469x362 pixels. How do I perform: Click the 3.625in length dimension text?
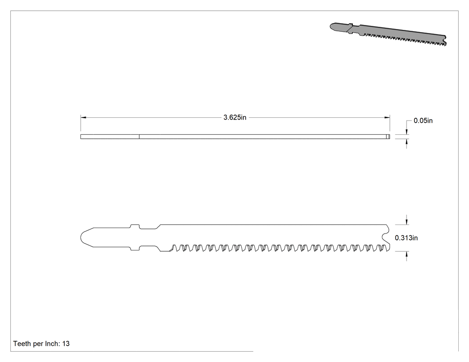coord(235,117)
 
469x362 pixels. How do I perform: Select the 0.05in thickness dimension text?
coord(423,121)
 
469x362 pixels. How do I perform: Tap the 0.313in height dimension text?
coord(406,238)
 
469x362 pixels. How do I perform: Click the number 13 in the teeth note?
coord(66,344)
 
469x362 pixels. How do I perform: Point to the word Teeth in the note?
coord(22,344)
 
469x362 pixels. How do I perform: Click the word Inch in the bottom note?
coord(52,344)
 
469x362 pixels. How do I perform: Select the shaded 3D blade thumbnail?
coord(388,34)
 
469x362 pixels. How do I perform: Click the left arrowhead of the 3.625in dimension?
coord(83,117)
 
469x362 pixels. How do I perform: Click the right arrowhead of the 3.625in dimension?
coord(387,117)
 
